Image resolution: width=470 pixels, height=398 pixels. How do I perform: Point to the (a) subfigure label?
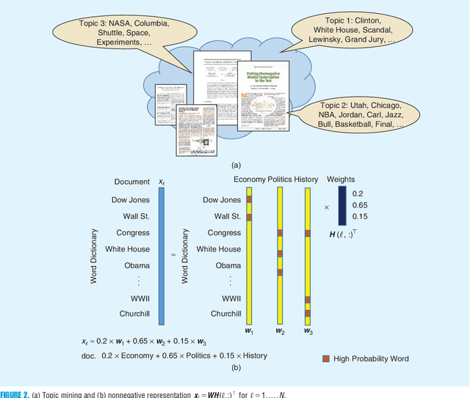coord(235,166)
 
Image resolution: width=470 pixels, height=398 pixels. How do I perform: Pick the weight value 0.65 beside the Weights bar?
coord(361,206)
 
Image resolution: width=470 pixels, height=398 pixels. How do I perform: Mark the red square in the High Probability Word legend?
coord(327,359)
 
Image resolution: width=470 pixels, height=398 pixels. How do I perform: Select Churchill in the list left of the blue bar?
coord(133,314)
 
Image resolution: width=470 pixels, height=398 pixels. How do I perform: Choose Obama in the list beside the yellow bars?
coord(228,265)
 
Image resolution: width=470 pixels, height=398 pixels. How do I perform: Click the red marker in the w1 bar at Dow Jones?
coord(249,199)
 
